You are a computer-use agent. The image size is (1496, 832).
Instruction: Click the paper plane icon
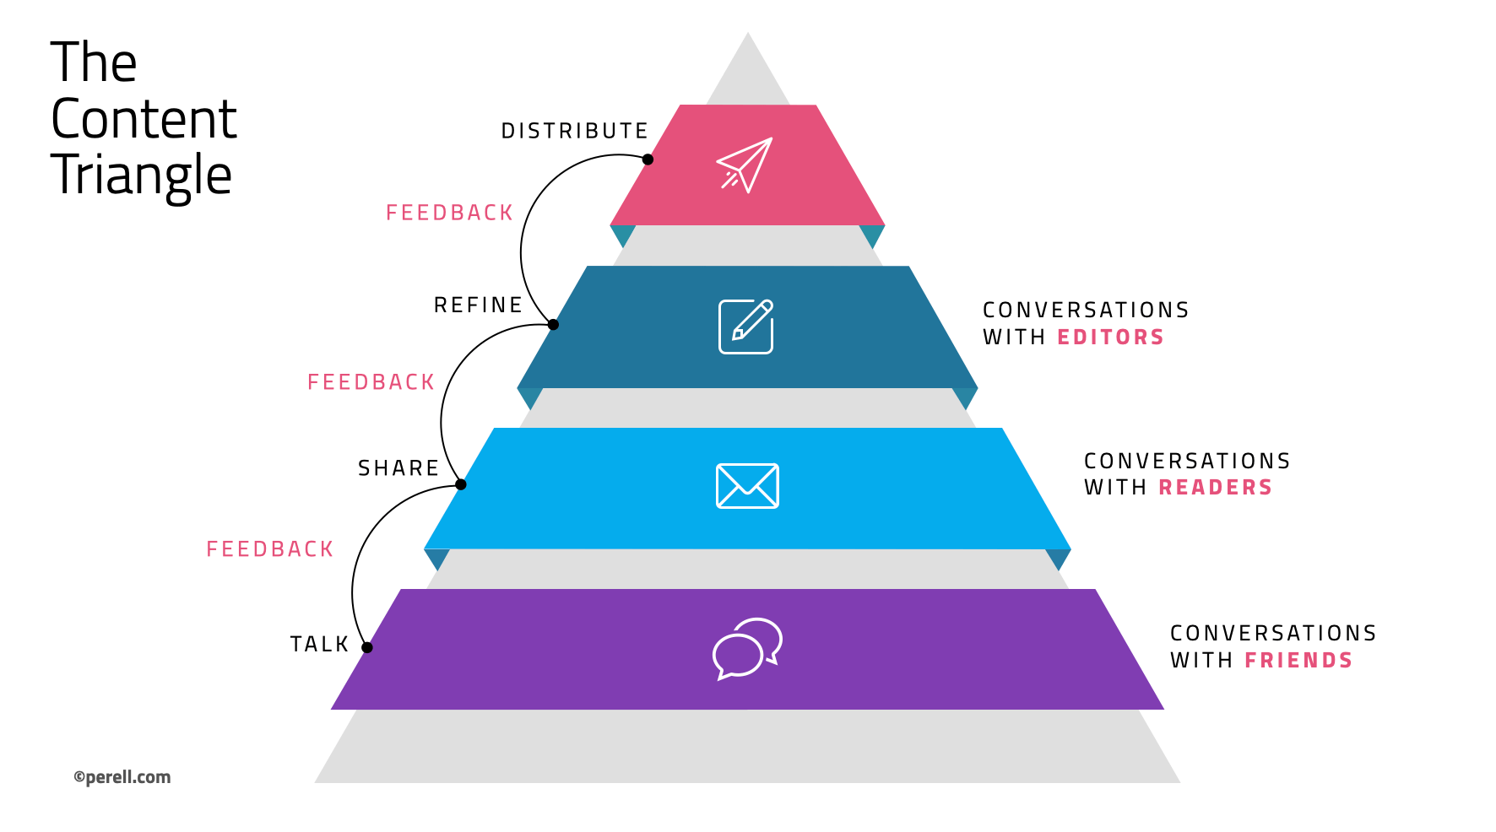click(745, 165)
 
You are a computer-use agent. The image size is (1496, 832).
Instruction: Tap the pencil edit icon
click(745, 327)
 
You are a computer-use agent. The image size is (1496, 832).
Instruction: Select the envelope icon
click(747, 486)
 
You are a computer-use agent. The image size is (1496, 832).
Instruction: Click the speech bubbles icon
click(747, 648)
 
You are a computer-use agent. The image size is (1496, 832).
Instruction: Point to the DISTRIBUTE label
click(574, 132)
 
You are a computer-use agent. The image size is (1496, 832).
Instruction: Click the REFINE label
click(478, 305)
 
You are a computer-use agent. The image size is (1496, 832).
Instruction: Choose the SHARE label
click(398, 468)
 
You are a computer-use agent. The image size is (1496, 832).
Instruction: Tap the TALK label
click(319, 645)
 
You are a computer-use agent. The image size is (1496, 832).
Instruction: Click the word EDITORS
click(1110, 338)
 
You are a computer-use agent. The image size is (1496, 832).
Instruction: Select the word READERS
click(1215, 488)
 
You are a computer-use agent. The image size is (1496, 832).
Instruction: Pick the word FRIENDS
click(1298, 661)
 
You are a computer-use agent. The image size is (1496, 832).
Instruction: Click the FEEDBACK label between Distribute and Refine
click(449, 213)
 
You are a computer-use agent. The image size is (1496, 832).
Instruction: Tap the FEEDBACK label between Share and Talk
click(270, 550)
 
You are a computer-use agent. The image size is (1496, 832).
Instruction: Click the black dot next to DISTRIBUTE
click(648, 159)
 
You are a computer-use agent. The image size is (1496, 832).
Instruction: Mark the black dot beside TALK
click(367, 647)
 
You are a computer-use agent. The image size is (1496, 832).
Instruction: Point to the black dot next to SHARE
click(461, 484)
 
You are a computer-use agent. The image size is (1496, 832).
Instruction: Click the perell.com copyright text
click(122, 777)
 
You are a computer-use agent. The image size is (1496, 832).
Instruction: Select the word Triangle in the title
click(141, 176)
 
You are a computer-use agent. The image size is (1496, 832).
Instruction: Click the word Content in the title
click(144, 119)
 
